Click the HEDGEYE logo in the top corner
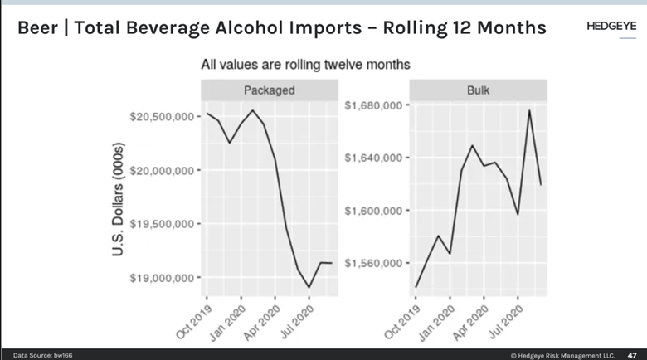click(611, 27)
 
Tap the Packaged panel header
click(270, 90)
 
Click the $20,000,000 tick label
click(163, 171)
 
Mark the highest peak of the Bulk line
click(529, 110)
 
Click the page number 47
click(631, 354)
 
